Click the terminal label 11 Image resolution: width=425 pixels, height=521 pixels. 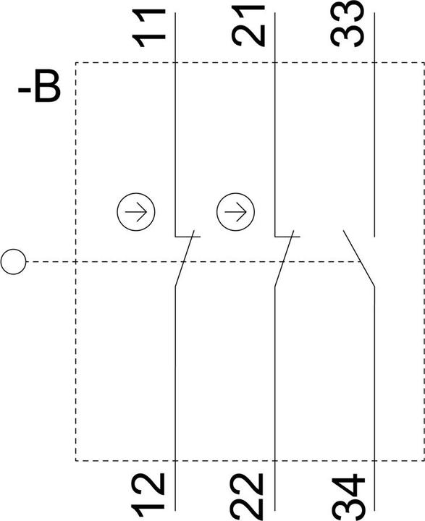click(x=148, y=27)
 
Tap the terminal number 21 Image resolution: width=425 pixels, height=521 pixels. click(x=248, y=26)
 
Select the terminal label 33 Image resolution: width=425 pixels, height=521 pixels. click(x=348, y=24)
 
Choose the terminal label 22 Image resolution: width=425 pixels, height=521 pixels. click(x=248, y=497)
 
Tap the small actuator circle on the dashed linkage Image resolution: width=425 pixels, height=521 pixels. click(x=13, y=262)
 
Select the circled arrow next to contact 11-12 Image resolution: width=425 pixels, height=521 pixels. click(x=136, y=211)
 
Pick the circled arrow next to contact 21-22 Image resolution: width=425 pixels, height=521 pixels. click(x=235, y=211)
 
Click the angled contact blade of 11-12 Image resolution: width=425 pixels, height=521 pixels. click(x=184, y=258)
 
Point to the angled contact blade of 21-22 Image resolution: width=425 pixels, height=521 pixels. click(x=284, y=258)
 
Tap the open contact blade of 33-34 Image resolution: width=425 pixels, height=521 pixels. click(x=359, y=258)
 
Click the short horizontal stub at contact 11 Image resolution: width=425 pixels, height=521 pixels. click(x=188, y=237)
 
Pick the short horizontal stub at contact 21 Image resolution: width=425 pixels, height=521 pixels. click(x=287, y=237)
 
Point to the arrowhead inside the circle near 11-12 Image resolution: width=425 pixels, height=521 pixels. click(x=143, y=211)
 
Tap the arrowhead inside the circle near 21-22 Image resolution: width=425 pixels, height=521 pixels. click(x=242, y=211)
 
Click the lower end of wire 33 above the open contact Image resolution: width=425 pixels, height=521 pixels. click(x=375, y=237)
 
